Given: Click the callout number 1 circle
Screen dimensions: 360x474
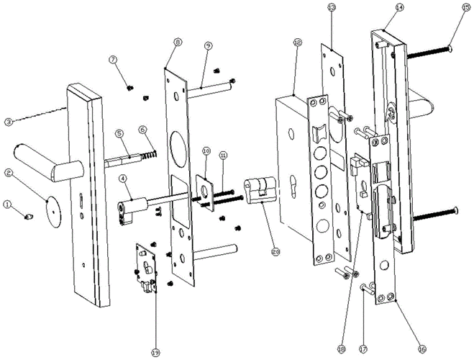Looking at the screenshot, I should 9,204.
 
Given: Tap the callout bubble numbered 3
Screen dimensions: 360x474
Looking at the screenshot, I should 9,122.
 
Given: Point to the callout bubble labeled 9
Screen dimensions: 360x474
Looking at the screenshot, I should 207,45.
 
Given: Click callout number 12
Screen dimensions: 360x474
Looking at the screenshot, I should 297,42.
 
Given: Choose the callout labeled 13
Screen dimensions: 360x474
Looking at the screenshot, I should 331,8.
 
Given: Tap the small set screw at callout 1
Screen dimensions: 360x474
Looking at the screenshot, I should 28,215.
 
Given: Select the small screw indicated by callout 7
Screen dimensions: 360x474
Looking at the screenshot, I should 130,87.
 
